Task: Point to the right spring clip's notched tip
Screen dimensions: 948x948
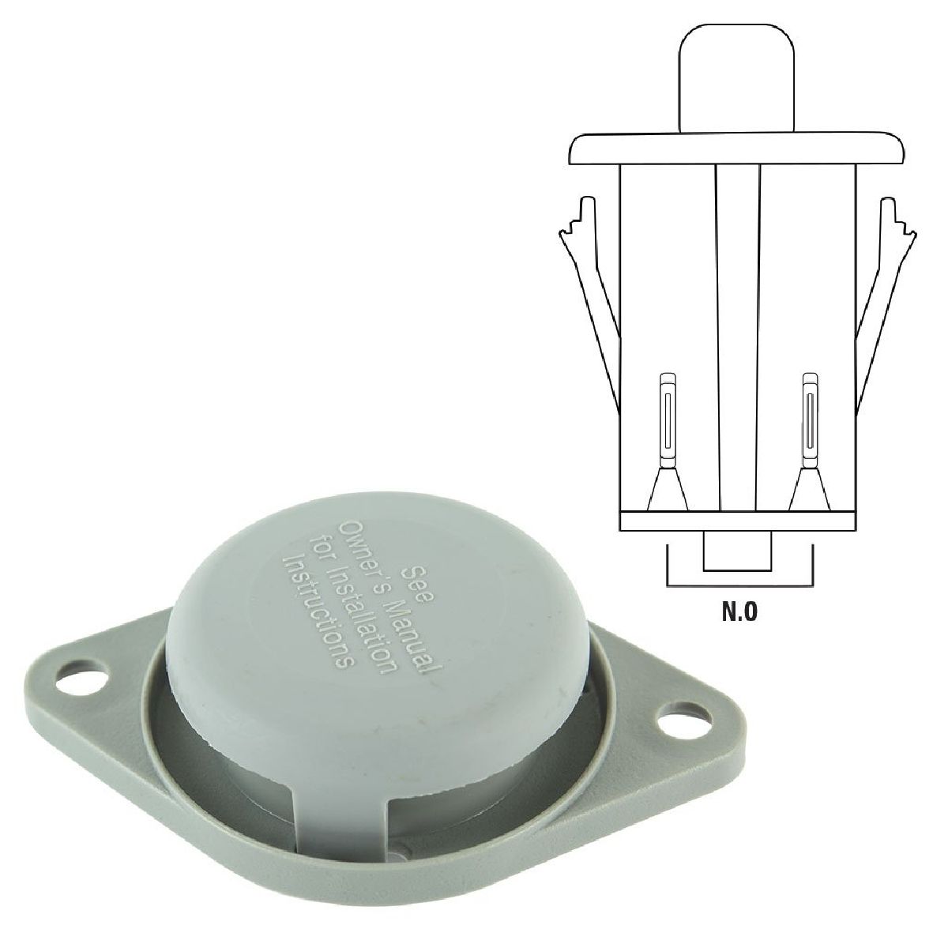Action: point(897,216)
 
